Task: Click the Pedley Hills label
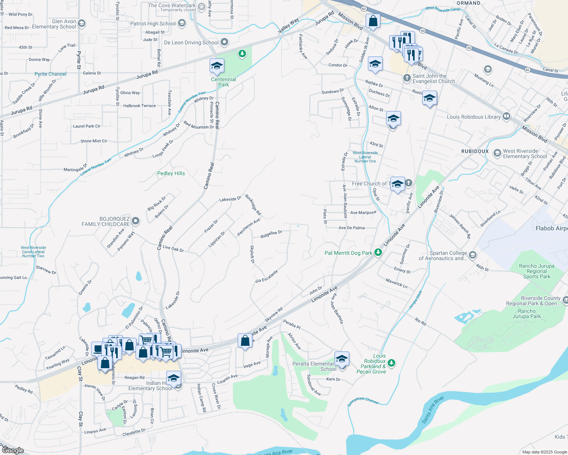tap(171, 173)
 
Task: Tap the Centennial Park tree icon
tap(242, 54)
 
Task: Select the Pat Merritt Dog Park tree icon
tap(378, 253)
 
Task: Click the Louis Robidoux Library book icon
tap(506, 116)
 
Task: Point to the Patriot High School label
tap(153, 24)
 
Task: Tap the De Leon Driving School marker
tap(224, 42)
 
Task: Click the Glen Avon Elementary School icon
tap(81, 24)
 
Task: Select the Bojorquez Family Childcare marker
tap(136, 221)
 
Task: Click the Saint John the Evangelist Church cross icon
tap(407, 78)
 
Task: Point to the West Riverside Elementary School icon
tap(497, 153)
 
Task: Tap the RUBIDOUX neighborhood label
tap(475, 151)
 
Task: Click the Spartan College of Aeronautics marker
tap(472, 255)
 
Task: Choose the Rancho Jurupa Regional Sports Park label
tap(536, 271)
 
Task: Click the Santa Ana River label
tap(433, 410)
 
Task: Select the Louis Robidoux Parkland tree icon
tap(391, 363)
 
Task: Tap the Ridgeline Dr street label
tap(271, 234)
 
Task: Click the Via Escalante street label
tap(267, 276)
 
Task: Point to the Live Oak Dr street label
tap(173, 249)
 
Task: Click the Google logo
tap(13, 450)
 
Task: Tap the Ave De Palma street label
tap(352, 228)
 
